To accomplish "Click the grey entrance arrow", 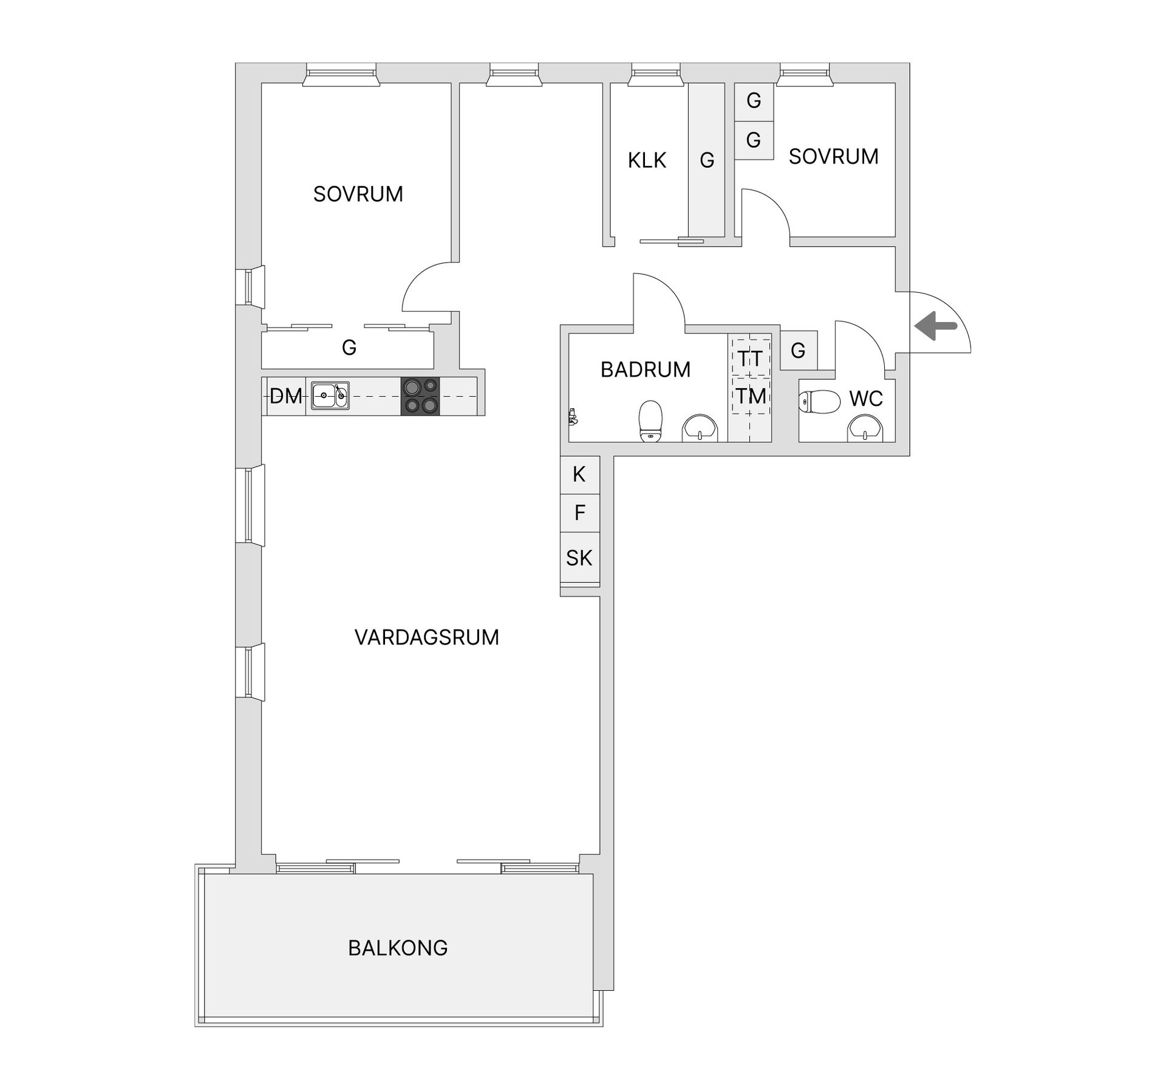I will click(x=935, y=326).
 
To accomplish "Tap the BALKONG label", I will click(x=398, y=948).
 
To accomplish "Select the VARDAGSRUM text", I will click(x=426, y=637).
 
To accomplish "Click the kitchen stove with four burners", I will click(x=420, y=396).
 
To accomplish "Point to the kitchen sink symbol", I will click(x=330, y=396).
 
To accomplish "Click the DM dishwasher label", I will click(x=285, y=396).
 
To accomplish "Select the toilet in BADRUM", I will click(x=650, y=420).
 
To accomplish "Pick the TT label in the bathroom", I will click(x=750, y=358).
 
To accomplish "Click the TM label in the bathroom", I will click(x=751, y=396).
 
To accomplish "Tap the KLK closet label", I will click(x=647, y=160).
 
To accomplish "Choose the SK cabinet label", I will click(x=579, y=558).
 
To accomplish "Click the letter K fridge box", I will click(x=579, y=474).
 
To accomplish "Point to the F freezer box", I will click(x=579, y=513).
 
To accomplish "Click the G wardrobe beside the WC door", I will click(x=798, y=351).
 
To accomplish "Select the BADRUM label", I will click(x=646, y=369).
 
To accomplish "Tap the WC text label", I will click(x=866, y=399).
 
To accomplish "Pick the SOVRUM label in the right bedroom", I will click(x=833, y=157).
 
